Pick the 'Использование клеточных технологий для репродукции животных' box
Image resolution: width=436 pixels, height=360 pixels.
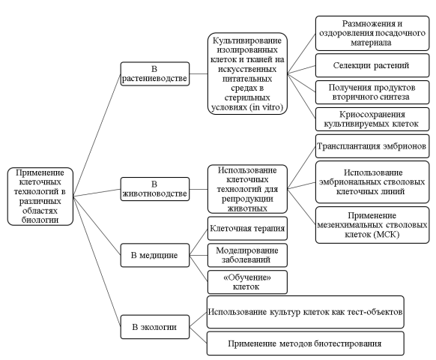point(242,188)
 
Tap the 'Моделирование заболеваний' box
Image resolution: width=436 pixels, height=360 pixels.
point(247,254)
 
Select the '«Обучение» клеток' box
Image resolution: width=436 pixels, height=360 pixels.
point(247,282)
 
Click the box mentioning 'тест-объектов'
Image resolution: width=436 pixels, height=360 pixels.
point(306,310)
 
